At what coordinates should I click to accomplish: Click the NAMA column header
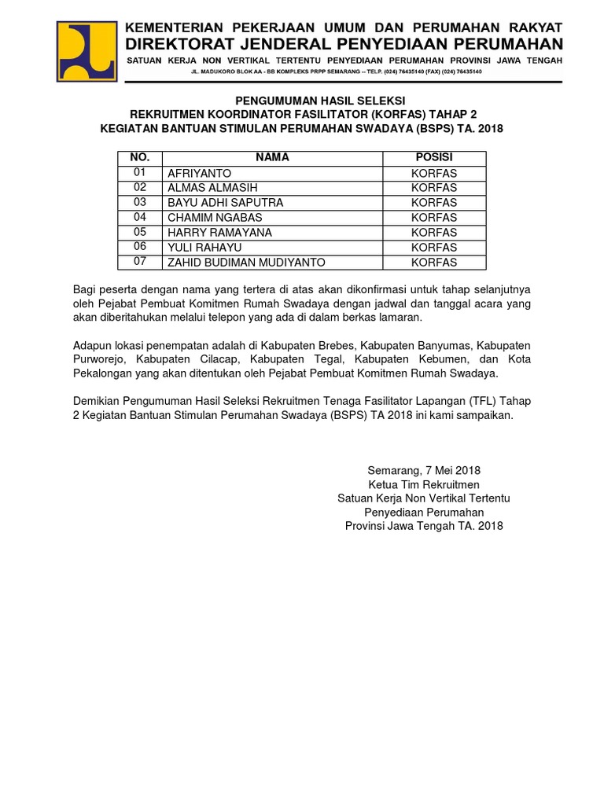click(x=272, y=158)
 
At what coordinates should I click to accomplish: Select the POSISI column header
click(x=434, y=158)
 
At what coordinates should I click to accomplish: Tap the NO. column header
click(x=139, y=158)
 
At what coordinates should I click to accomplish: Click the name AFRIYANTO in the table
click(x=199, y=173)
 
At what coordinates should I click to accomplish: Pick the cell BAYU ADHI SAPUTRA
click(x=225, y=203)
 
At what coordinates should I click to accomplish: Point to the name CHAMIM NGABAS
click(x=215, y=218)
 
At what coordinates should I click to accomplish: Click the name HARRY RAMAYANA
click(x=219, y=233)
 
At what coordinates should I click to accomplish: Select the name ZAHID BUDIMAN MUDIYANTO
click(x=245, y=263)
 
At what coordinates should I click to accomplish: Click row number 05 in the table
click(x=140, y=232)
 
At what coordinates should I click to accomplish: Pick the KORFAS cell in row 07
click(x=434, y=263)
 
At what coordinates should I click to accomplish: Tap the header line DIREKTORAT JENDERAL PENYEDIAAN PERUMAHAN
click(x=345, y=43)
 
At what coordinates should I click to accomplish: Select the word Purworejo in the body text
click(x=100, y=360)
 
